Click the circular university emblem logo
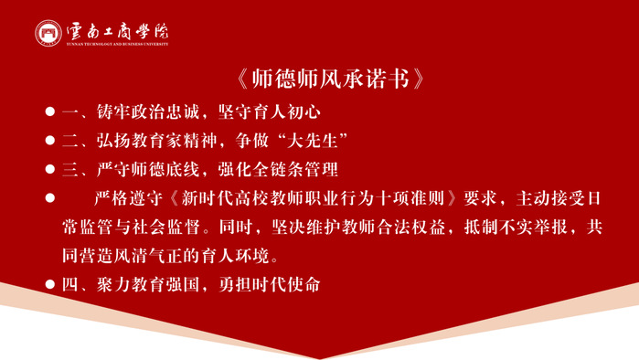(48, 33)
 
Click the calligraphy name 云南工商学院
(117, 30)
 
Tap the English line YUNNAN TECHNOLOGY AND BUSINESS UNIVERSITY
(117, 44)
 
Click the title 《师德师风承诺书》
(331, 79)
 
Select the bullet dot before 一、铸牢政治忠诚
(50, 111)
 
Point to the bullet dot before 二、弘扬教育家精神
(50, 141)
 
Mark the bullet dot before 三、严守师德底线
(50, 169)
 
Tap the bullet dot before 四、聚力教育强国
(50, 284)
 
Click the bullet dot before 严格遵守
(50, 198)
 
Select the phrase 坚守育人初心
(270, 112)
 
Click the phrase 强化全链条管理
(278, 169)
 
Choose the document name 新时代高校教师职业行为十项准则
(313, 198)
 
